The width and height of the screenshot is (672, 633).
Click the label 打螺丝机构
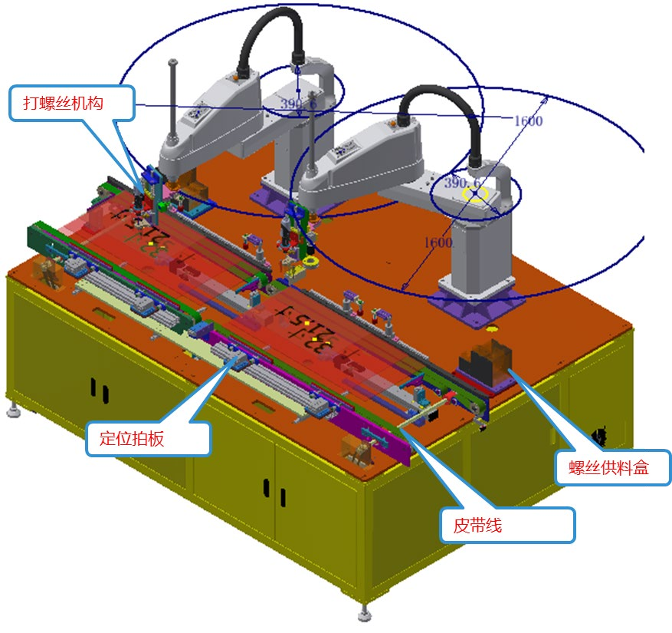click(72, 103)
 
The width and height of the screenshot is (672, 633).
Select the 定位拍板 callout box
click(148, 438)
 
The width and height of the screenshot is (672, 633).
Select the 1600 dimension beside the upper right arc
click(528, 120)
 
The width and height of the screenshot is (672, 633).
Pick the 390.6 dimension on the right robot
click(462, 183)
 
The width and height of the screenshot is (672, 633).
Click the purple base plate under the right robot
click(477, 302)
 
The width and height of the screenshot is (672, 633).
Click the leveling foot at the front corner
click(364, 615)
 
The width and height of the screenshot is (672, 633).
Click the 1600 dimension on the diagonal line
click(438, 242)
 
